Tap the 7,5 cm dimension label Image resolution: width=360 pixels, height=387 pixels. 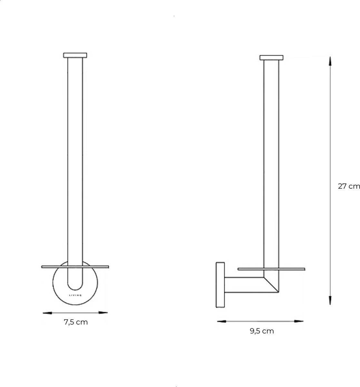coord(76,322)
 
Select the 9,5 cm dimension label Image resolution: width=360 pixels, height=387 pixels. coord(262,331)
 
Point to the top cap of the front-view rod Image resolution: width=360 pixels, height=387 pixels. coord(75,55)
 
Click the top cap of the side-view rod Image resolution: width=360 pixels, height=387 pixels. coord(271,58)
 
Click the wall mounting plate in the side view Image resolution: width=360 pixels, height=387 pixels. coord(220,285)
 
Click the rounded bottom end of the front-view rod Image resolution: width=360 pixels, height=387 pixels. coord(75,285)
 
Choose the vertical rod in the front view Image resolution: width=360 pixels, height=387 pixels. coord(75,161)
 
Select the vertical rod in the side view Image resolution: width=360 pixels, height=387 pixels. coord(271,161)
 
